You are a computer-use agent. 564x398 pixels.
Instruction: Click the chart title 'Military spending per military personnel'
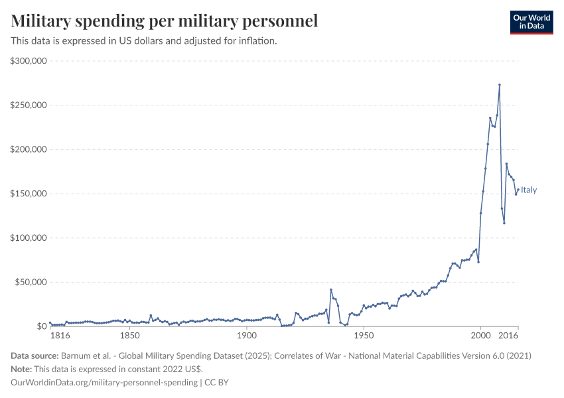[165, 21]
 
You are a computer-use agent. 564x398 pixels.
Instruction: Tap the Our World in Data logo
[531, 22]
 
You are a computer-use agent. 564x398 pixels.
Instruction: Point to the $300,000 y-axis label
[28, 61]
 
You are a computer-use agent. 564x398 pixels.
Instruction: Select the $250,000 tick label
[28, 105]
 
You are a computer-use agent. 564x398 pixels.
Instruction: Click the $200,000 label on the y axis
[28, 149]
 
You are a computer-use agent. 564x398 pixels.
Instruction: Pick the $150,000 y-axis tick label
[28, 194]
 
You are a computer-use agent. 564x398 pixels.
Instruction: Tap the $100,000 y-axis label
[28, 238]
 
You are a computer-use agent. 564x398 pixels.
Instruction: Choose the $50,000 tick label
[30, 282]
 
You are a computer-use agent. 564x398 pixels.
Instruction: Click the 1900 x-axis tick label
[246, 337]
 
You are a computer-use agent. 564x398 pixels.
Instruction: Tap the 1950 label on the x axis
[363, 337]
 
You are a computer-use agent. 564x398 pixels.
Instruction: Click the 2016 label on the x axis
[509, 337]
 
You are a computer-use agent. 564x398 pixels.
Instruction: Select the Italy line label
[529, 190]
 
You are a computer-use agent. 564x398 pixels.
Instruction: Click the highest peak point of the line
[499, 85]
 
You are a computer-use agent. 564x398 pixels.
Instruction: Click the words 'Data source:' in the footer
[35, 356]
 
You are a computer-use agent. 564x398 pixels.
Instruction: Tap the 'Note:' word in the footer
[23, 369]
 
